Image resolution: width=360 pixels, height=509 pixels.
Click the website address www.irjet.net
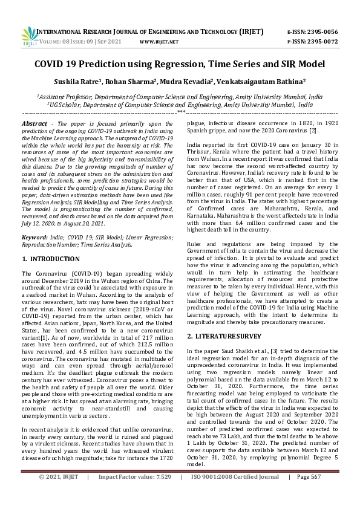[x=159, y=42]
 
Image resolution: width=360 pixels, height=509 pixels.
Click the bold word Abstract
[x=34, y=123]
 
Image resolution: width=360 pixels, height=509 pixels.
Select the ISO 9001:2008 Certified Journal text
[x=235, y=494]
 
